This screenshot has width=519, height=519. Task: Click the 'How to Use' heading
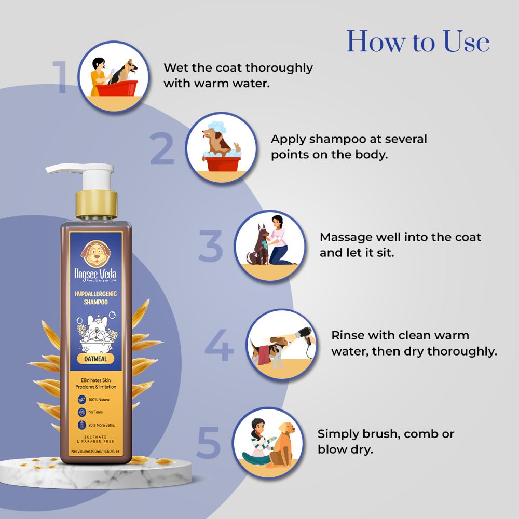tap(418, 42)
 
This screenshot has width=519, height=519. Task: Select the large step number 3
tap(211, 246)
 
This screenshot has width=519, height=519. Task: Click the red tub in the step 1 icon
tap(116, 89)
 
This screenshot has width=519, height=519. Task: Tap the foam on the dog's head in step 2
tap(214, 126)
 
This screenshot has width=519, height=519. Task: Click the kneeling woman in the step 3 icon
tap(280, 240)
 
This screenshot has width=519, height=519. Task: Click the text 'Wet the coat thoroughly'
tap(238, 68)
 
